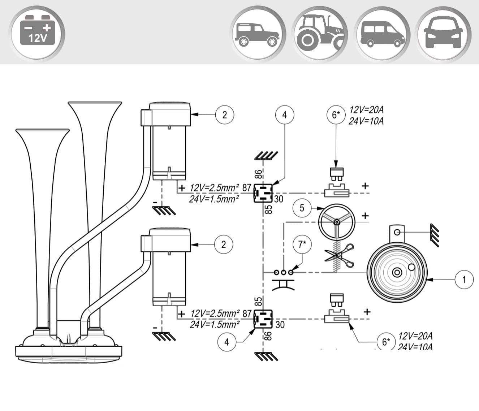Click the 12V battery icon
coord(37,33)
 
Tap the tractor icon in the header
coord(320,33)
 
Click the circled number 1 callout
coord(464,279)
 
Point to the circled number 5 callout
coord(302,208)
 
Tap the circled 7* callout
coord(302,244)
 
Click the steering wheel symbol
coord(336,222)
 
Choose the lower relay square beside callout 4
coord(263,319)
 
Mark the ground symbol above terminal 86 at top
coord(267,156)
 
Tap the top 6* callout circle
coord(336,115)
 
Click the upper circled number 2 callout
coord(224,115)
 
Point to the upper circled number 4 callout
coord(285,115)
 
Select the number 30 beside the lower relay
coord(280,325)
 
